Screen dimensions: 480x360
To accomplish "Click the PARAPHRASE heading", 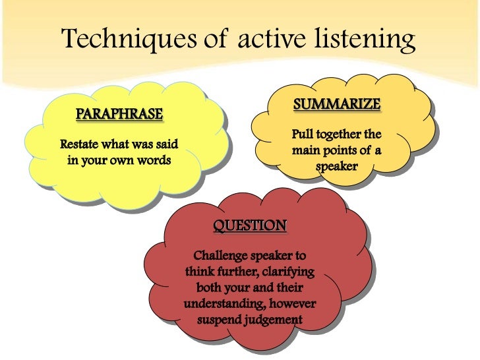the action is (119, 114).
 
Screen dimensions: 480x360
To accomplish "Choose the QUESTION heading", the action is (250, 226).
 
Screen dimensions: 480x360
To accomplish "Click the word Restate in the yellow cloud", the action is (79, 144).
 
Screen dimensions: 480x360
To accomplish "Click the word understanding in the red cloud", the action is (224, 304).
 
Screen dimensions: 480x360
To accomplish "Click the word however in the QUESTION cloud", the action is (293, 304).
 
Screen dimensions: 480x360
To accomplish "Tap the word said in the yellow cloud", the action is (166, 144).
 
